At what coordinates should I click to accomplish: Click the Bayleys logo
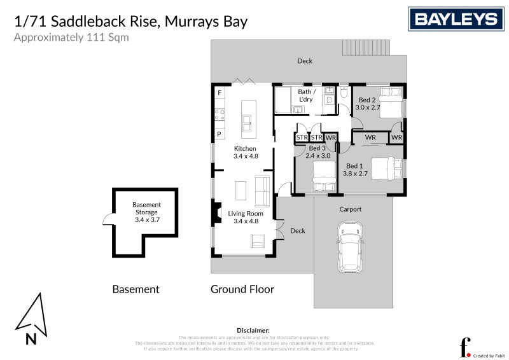coord(456,19)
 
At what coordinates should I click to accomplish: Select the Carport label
coord(350,209)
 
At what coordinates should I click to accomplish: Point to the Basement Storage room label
coord(146,212)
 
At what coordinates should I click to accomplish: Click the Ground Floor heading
coord(242,289)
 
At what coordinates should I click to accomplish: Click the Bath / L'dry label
coord(307,95)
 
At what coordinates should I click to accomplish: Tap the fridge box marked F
coord(220,93)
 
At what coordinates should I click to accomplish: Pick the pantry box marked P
coord(220,134)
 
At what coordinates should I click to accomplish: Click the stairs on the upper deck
coord(366,48)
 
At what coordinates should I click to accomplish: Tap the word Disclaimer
coord(254,331)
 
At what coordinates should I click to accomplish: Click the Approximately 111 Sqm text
coord(71,38)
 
